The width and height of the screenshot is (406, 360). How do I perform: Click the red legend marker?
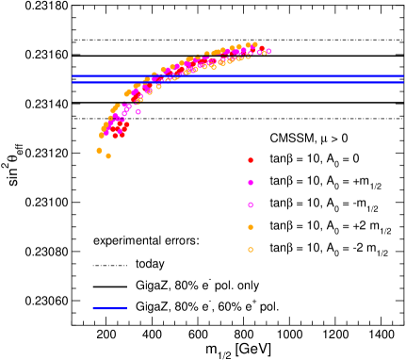(x=251, y=160)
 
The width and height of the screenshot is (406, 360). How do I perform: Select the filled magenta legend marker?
(x=251, y=183)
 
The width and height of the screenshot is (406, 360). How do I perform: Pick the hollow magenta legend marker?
(x=251, y=205)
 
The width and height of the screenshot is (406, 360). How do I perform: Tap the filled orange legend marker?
(x=251, y=227)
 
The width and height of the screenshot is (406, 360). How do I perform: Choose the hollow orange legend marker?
(x=251, y=250)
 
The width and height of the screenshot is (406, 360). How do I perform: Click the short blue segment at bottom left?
(x=109, y=308)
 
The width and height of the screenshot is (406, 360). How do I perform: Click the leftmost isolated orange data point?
(x=99, y=151)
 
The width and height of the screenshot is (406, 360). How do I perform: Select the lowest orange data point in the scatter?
(x=108, y=156)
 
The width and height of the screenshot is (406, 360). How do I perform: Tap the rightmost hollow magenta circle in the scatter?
(x=268, y=51)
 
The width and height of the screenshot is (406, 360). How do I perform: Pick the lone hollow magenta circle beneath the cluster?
(x=138, y=111)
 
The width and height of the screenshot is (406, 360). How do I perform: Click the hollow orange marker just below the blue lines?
(x=159, y=87)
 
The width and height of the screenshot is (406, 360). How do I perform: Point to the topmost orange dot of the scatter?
(x=254, y=43)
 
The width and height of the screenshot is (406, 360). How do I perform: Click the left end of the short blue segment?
(x=93, y=308)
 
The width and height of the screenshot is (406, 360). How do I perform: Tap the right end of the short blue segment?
(x=126, y=308)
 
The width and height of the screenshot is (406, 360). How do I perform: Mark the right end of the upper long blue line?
(x=402, y=76)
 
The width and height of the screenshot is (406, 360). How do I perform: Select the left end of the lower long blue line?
(x=73, y=83)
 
